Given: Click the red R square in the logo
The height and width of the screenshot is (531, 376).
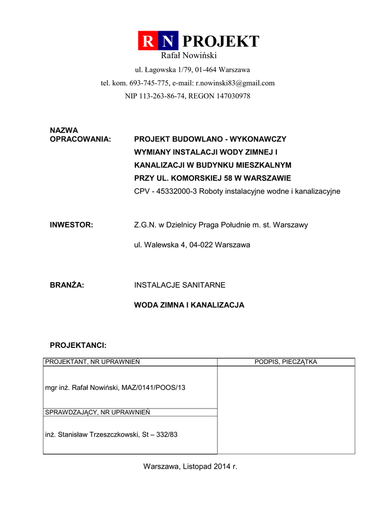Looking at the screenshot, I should point(148,41).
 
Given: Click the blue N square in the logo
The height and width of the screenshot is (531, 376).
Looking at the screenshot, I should point(168,41).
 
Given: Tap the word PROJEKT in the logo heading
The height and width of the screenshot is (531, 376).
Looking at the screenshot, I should point(221,41).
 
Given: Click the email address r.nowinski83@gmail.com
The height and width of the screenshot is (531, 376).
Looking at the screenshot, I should point(235,83).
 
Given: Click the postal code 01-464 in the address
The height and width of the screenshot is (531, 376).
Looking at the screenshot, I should point(206,69).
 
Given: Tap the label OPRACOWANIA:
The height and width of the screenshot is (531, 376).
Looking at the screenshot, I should point(80,139).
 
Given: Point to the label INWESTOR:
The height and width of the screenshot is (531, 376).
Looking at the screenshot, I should point(71,225).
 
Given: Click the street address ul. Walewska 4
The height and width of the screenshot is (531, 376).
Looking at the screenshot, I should point(158,245).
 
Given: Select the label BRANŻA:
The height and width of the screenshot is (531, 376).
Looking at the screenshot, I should point(67,285).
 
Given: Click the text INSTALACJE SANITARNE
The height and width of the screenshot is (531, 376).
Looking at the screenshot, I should point(179,285).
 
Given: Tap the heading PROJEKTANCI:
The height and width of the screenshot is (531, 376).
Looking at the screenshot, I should point(78,345).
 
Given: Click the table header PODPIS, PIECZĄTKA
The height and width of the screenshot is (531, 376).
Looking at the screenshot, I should point(286,362).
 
